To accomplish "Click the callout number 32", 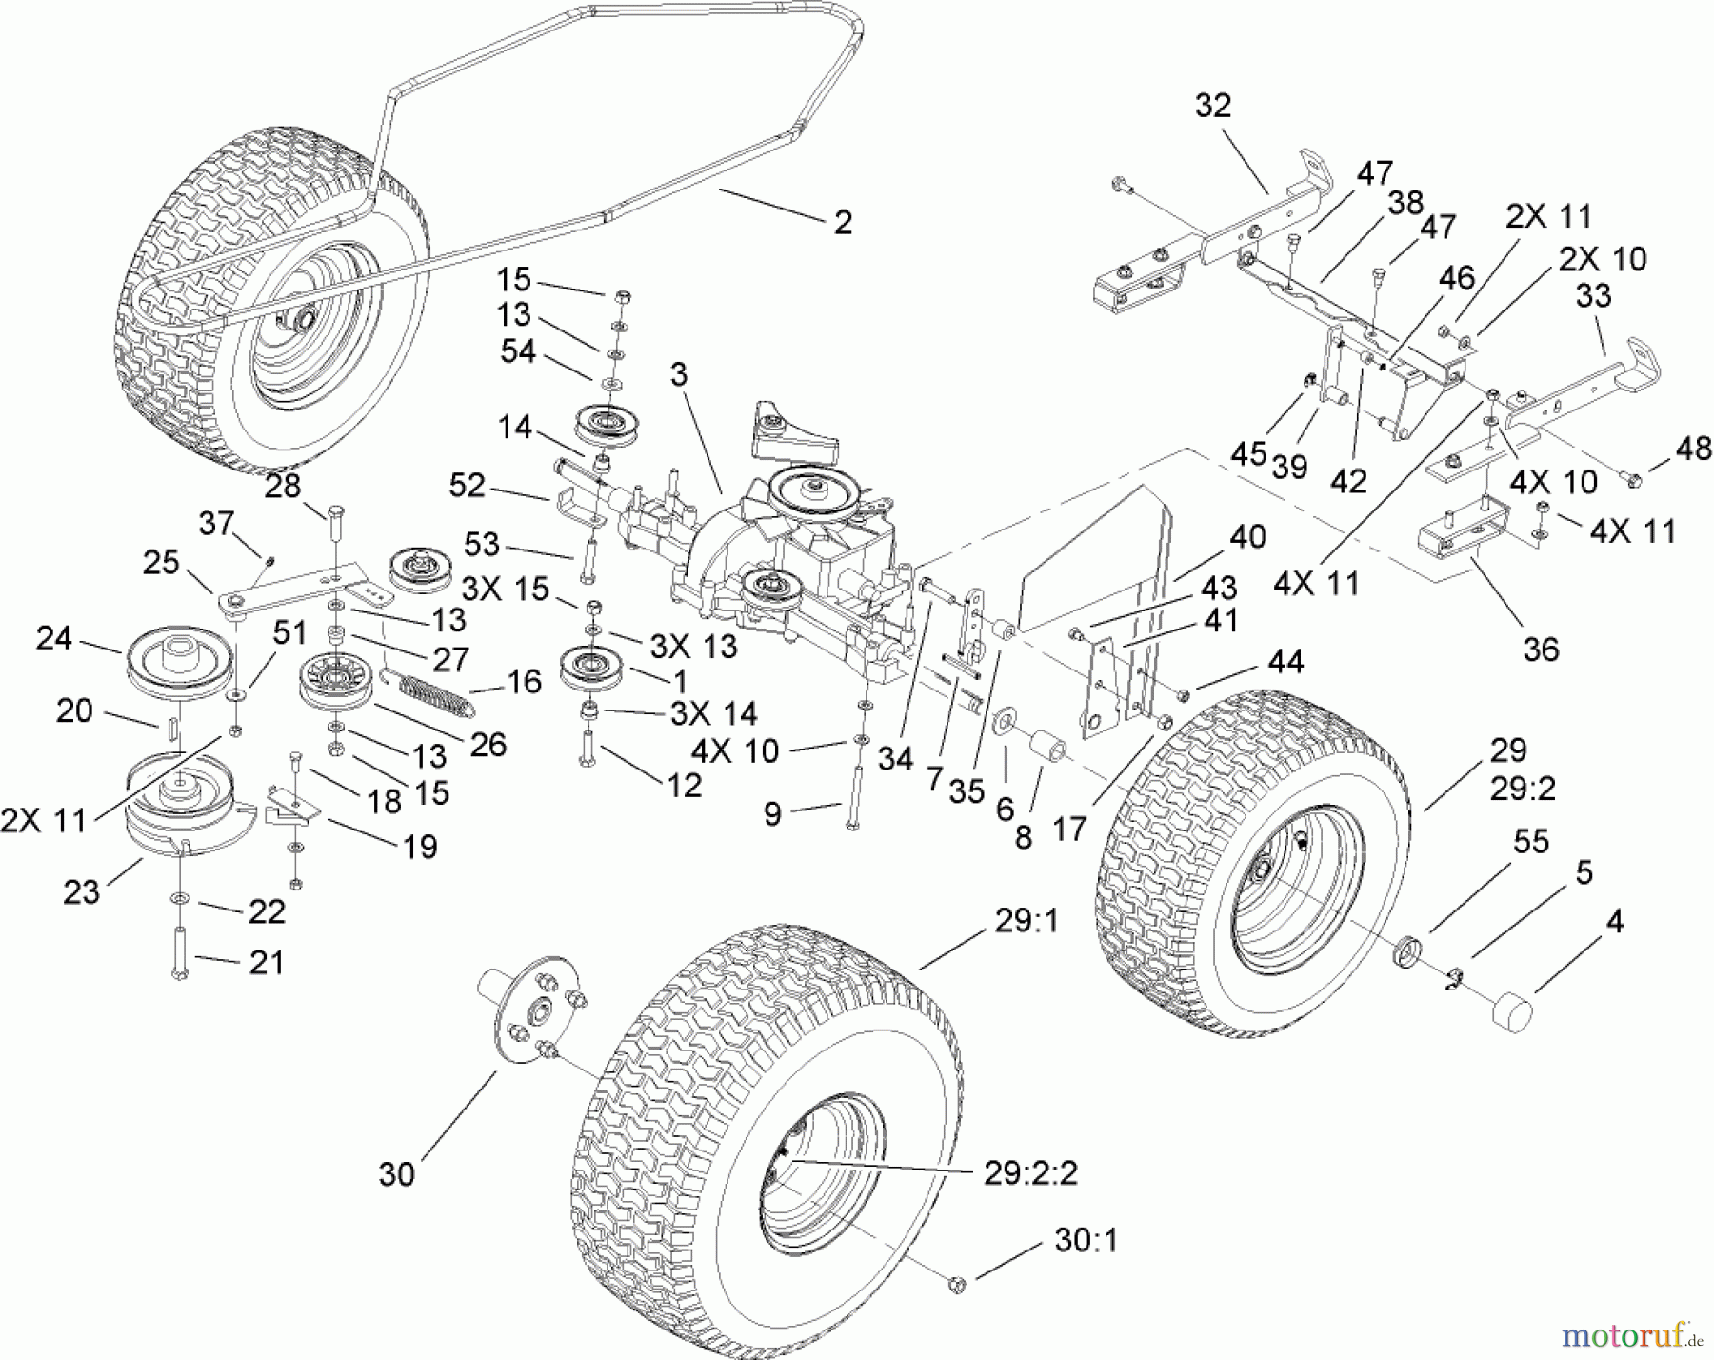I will point(1213,106).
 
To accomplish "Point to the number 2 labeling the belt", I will point(843,223).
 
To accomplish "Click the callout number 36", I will point(1542,650).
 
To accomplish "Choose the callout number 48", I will point(1692,449).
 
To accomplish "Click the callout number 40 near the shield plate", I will point(1247,537).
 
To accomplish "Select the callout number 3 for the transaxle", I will point(678,375).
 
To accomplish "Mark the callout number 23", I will point(81,891).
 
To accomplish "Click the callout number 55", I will point(1530,841).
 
